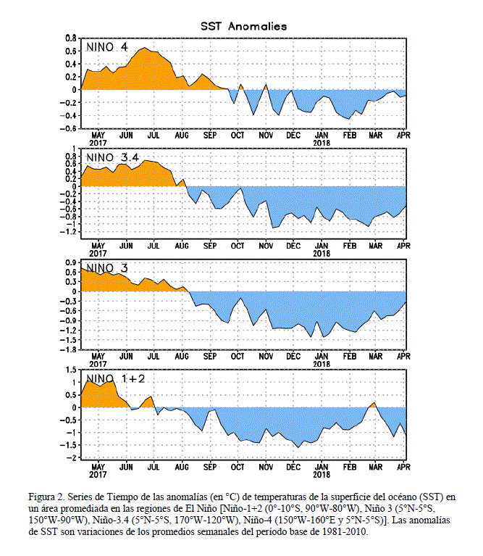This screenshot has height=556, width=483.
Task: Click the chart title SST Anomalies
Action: tap(243, 26)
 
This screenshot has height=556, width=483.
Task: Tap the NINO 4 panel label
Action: tap(107, 47)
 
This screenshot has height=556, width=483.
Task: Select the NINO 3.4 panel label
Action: tap(113, 157)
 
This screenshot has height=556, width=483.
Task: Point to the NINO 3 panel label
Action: tap(107, 268)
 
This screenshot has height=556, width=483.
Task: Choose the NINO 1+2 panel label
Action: tap(115, 378)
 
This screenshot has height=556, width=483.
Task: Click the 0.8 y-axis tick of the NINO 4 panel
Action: tap(71, 38)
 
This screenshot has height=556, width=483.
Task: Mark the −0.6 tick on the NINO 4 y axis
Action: tap(68, 128)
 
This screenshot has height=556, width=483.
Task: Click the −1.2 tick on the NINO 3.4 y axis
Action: tap(68, 231)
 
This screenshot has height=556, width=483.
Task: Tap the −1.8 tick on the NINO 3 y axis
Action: tap(68, 349)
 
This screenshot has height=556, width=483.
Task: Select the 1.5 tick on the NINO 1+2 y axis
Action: tap(71, 370)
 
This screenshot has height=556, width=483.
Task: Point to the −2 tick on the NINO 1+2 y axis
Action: tap(71, 457)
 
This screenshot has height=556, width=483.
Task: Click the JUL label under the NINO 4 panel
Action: tap(154, 136)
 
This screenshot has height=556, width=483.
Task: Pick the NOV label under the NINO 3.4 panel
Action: tap(266, 246)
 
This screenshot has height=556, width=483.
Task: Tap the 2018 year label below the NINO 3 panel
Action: tap(322, 364)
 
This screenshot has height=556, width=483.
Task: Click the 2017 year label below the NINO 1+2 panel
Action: tap(98, 474)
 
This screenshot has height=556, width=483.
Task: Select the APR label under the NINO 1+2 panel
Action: tap(403, 467)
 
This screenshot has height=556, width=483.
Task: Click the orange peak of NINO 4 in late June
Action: tap(145, 48)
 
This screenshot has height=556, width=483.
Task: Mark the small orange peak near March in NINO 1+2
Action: tap(374, 403)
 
